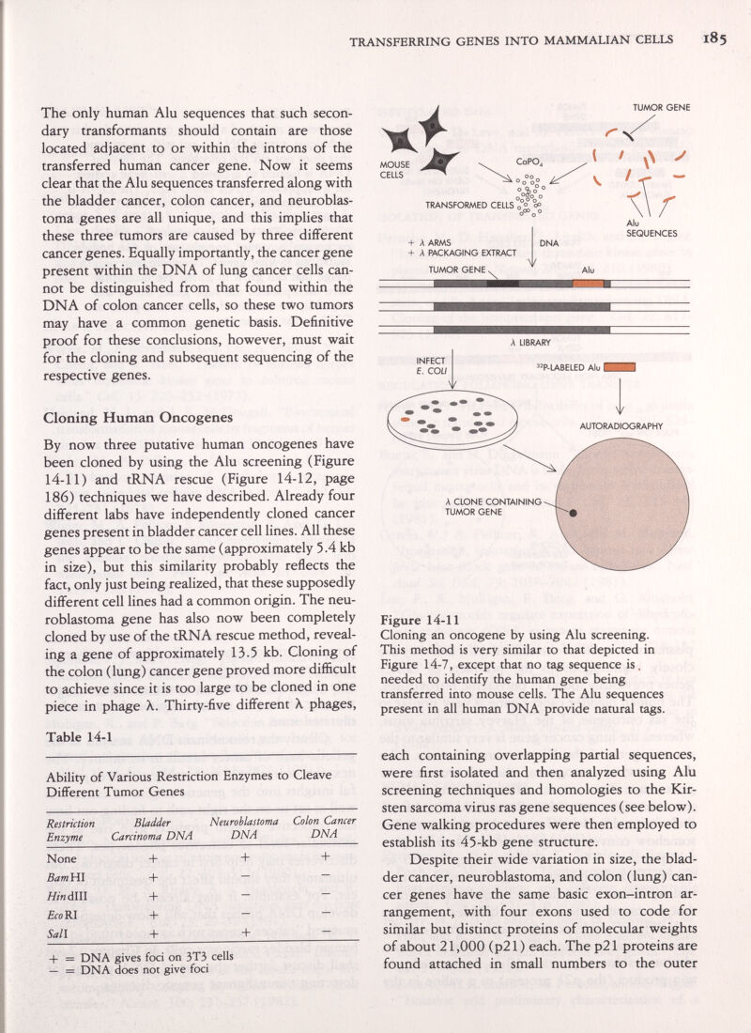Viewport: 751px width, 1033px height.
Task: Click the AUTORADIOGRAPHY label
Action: tap(636, 425)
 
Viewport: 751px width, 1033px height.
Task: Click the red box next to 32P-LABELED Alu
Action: tap(621, 367)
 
